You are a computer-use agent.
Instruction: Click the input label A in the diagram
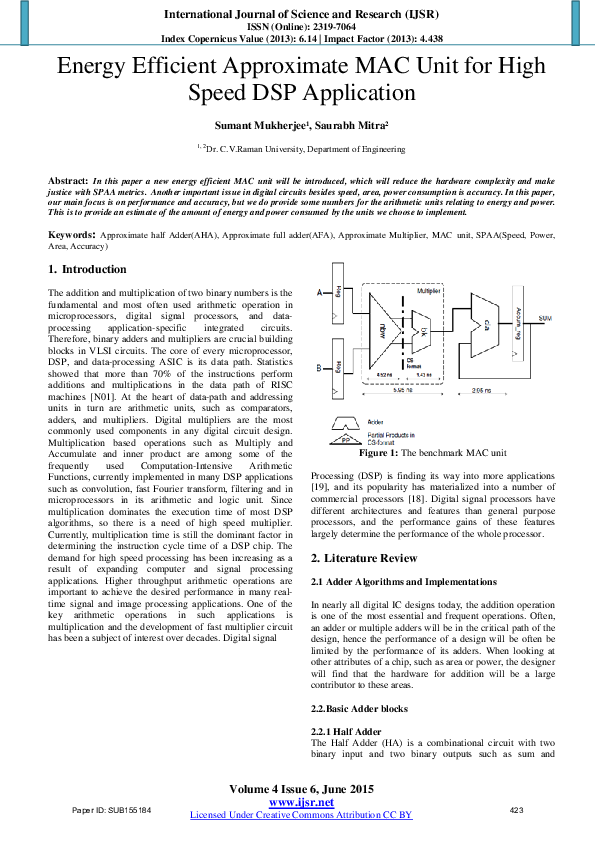317,293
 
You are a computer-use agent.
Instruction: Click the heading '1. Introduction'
88,270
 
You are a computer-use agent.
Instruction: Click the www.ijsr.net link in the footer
301,803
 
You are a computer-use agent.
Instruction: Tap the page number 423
517,809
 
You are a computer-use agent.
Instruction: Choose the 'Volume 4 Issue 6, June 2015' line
301,790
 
